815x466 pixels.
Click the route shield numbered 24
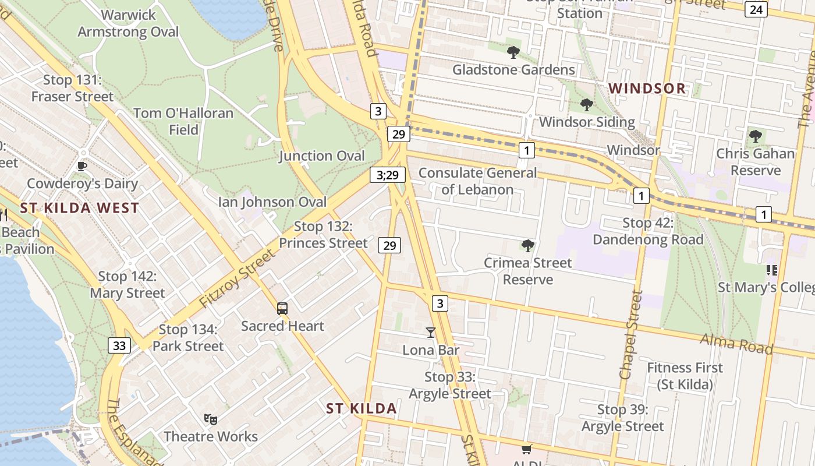click(x=756, y=9)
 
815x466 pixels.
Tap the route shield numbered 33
click(x=119, y=345)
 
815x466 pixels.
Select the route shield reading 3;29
click(x=387, y=174)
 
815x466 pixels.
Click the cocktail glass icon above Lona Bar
click(x=431, y=333)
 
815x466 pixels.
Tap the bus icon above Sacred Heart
click(x=282, y=309)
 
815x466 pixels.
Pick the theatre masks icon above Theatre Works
click(x=211, y=419)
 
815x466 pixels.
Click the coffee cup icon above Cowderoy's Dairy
click(x=82, y=167)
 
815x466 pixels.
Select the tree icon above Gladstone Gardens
click(x=513, y=52)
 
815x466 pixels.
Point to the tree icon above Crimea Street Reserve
click(x=528, y=245)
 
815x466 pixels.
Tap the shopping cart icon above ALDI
click(x=526, y=449)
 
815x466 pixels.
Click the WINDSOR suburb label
click(x=647, y=89)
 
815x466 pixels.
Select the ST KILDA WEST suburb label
click(x=80, y=208)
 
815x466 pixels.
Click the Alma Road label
click(x=736, y=344)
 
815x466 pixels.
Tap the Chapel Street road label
click(x=630, y=335)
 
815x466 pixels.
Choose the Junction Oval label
click(x=321, y=156)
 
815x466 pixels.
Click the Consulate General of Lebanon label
click(x=477, y=181)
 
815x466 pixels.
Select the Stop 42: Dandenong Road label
click(x=648, y=231)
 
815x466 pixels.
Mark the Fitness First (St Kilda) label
click(x=685, y=376)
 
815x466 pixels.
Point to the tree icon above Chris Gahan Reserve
click(x=756, y=136)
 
